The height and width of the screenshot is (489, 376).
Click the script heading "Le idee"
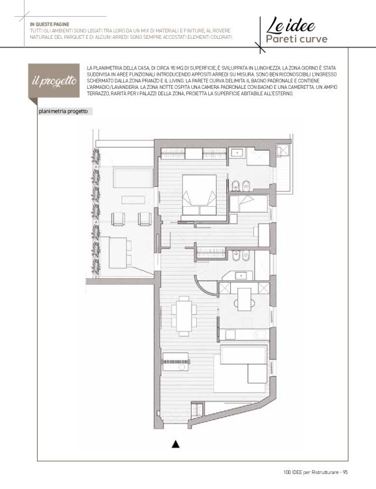[290, 25]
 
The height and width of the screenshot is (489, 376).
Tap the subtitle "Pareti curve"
[296, 39]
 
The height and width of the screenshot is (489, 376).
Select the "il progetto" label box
[54, 80]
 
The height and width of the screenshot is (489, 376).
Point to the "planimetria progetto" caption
[64, 112]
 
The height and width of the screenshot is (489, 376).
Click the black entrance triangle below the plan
[176, 444]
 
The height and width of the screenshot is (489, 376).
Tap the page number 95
[345, 472]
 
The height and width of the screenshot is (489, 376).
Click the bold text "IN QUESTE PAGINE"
[49, 24]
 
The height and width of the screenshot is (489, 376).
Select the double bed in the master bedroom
[199, 195]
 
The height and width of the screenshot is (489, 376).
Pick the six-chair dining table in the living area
[183, 316]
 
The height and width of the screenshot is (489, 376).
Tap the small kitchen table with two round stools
[244, 300]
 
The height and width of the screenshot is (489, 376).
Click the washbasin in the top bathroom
[238, 154]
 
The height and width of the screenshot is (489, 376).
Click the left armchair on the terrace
[118, 219]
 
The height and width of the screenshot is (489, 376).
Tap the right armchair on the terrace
[145, 219]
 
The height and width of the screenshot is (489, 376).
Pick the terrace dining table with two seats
[121, 252]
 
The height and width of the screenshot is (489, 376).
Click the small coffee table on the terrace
[134, 200]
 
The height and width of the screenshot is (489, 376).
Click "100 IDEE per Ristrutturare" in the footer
[311, 472]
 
